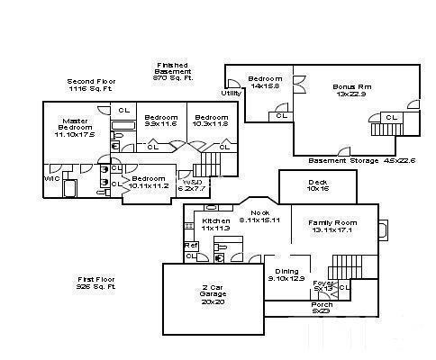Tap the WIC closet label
click(x=51, y=179)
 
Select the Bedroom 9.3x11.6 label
click(x=161, y=121)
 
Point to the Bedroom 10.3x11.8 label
click(x=212, y=121)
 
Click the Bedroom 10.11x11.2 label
click(x=149, y=183)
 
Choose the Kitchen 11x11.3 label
click(x=216, y=225)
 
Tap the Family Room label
click(x=332, y=226)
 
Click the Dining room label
click(x=286, y=275)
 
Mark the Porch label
click(x=322, y=308)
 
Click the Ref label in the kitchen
click(x=190, y=245)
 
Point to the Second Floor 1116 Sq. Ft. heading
click(x=90, y=85)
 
